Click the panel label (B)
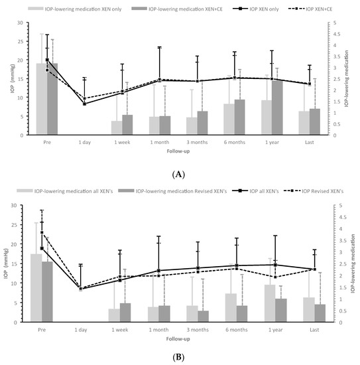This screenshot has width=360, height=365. point(180,356)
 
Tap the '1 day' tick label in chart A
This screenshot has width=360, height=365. point(84,141)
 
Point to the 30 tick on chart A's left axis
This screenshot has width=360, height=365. point(22,23)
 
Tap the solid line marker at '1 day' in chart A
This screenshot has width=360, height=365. point(84,104)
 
